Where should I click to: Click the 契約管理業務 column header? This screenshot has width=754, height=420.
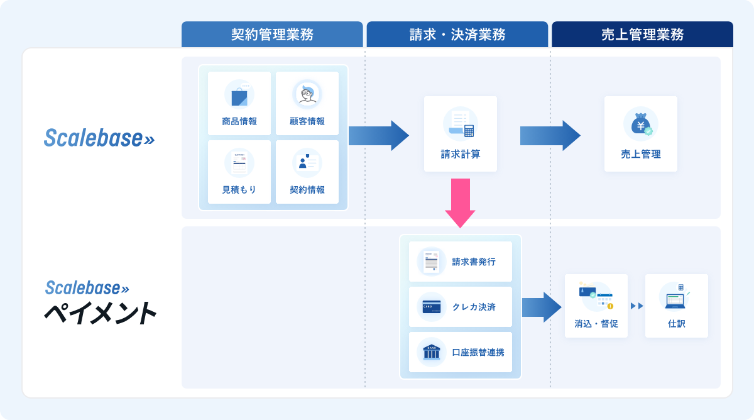click(x=272, y=35)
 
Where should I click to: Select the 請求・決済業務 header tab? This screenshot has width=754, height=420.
click(x=457, y=35)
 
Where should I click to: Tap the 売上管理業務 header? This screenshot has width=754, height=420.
click(x=642, y=35)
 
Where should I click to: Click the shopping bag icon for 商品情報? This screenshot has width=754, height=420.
click(x=239, y=96)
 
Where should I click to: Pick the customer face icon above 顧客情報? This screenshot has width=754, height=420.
click(x=307, y=95)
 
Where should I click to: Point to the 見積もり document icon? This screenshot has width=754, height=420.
click(x=239, y=163)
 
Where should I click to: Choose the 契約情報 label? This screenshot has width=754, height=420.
click(x=307, y=190)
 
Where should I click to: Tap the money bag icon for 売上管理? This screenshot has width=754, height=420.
click(x=641, y=124)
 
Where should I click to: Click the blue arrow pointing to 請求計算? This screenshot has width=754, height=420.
click(x=379, y=135)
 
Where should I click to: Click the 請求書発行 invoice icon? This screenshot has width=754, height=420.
click(x=432, y=260)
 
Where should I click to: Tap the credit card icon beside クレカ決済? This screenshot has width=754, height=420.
click(x=432, y=307)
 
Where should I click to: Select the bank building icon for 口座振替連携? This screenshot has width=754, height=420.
click(x=432, y=352)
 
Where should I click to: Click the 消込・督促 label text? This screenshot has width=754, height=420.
click(x=596, y=324)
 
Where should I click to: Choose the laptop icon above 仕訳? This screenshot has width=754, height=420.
click(x=676, y=297)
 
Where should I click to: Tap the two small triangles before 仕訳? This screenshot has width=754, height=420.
click(x=637, y=306)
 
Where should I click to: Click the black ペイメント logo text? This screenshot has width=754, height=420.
click(x=99, y=313)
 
